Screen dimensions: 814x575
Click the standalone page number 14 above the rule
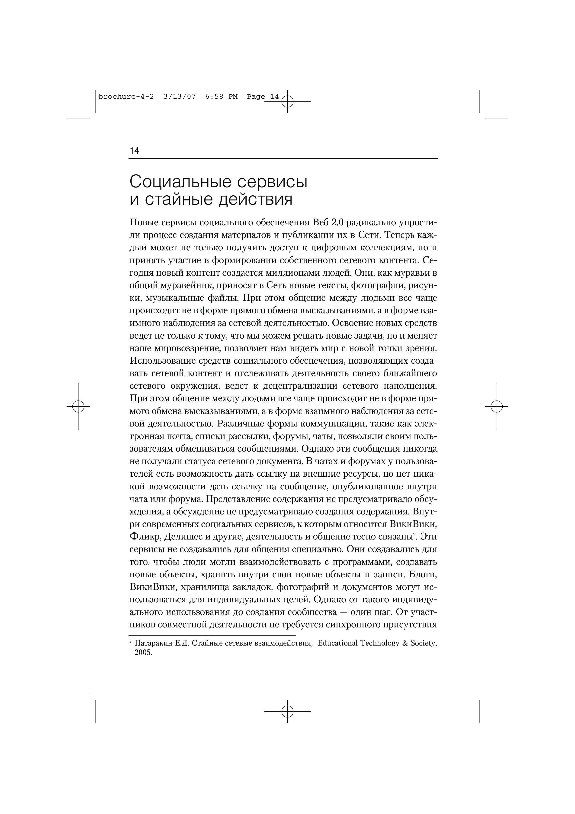point(134,151)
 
